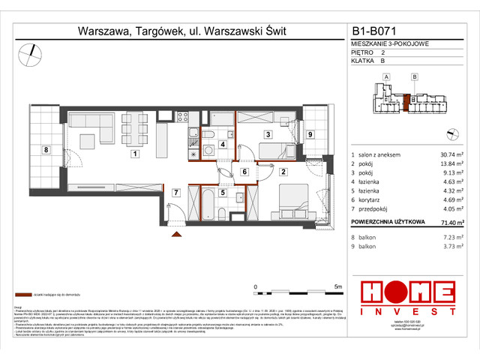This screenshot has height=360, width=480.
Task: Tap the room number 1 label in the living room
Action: pyautogui.click(x=134, y=154)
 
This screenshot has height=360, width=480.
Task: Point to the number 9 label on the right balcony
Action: pyautogui.click(x=310, y=134)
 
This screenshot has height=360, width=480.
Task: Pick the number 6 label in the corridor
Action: pyautogui.click(x=244, y=172)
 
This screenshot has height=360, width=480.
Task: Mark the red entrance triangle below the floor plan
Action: pyautogui.click(x=178, y=235)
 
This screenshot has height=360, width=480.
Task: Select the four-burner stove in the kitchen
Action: pyautogui.click(x=181, y=116)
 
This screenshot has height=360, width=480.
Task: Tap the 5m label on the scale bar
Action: pyautogui.click(x=338, y=287)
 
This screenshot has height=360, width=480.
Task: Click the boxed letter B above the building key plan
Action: pyautogui.click(x=414, y=76)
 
